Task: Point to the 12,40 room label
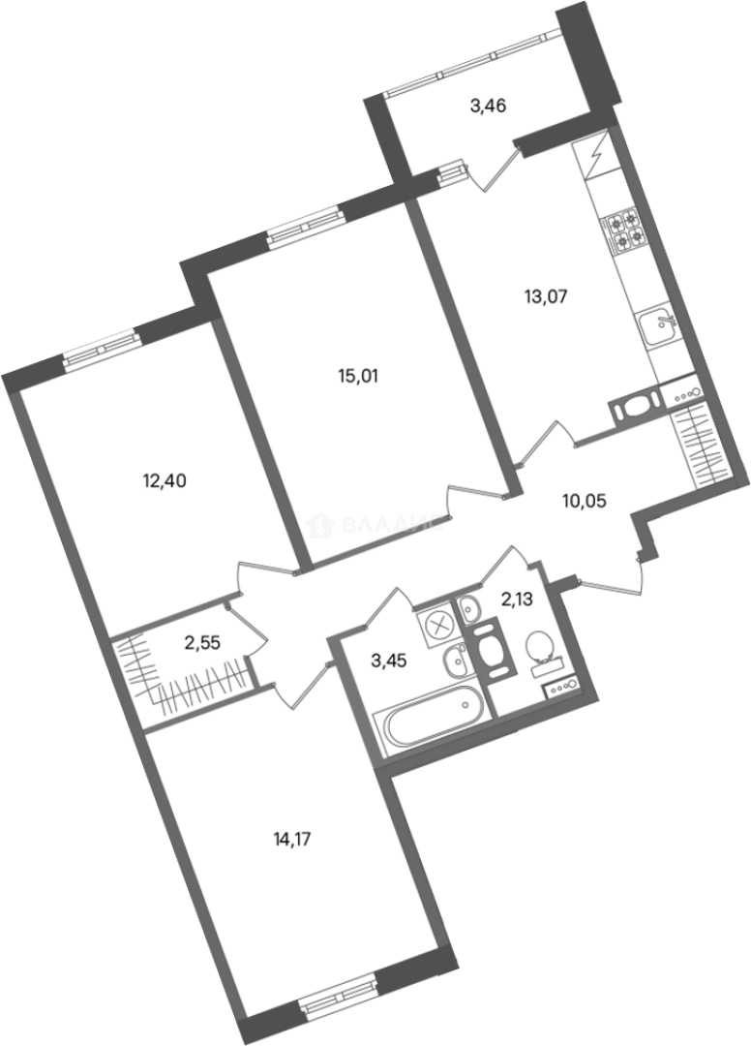coord(163,478)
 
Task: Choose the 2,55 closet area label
coord(203,640)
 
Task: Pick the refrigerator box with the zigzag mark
coord(592,157)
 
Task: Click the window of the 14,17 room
coord(337,995)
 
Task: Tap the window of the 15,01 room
coord(305,225)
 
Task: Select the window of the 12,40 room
coord(102,350)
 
